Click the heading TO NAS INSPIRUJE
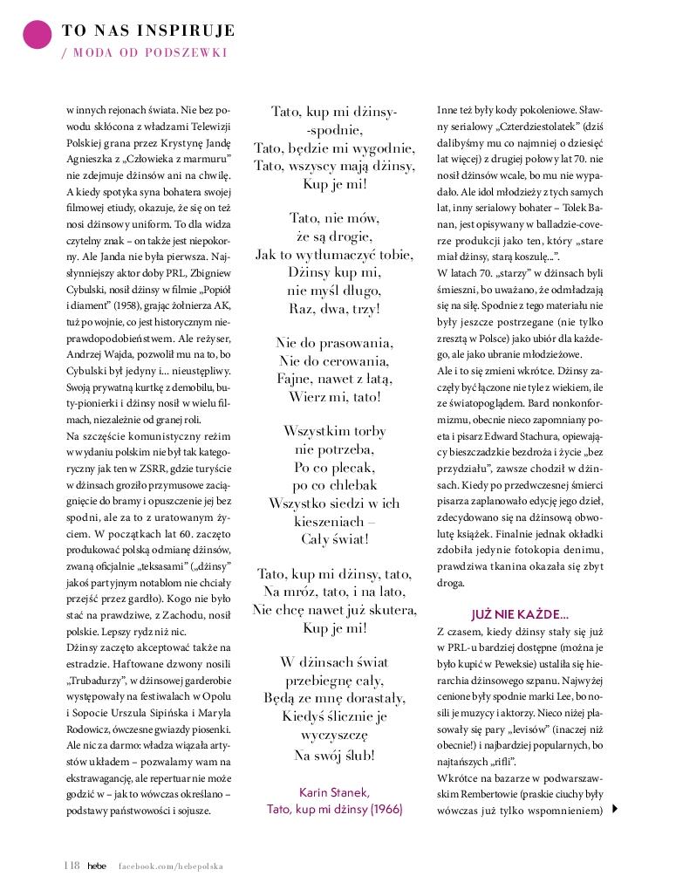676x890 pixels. point(148,31)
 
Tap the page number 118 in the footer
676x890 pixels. point(72,866)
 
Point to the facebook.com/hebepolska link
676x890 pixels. point(171,866)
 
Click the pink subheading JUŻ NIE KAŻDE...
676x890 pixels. point(520,613)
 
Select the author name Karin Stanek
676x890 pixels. point(334,791)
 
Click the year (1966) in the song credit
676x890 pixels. point(385,809)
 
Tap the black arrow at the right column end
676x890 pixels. point(617,809)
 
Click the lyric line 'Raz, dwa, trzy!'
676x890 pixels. point(334,309)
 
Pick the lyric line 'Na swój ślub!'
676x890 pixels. point(334,755)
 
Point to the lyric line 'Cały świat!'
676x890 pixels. point(334,539)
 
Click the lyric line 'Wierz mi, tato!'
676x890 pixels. point(334,397)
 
